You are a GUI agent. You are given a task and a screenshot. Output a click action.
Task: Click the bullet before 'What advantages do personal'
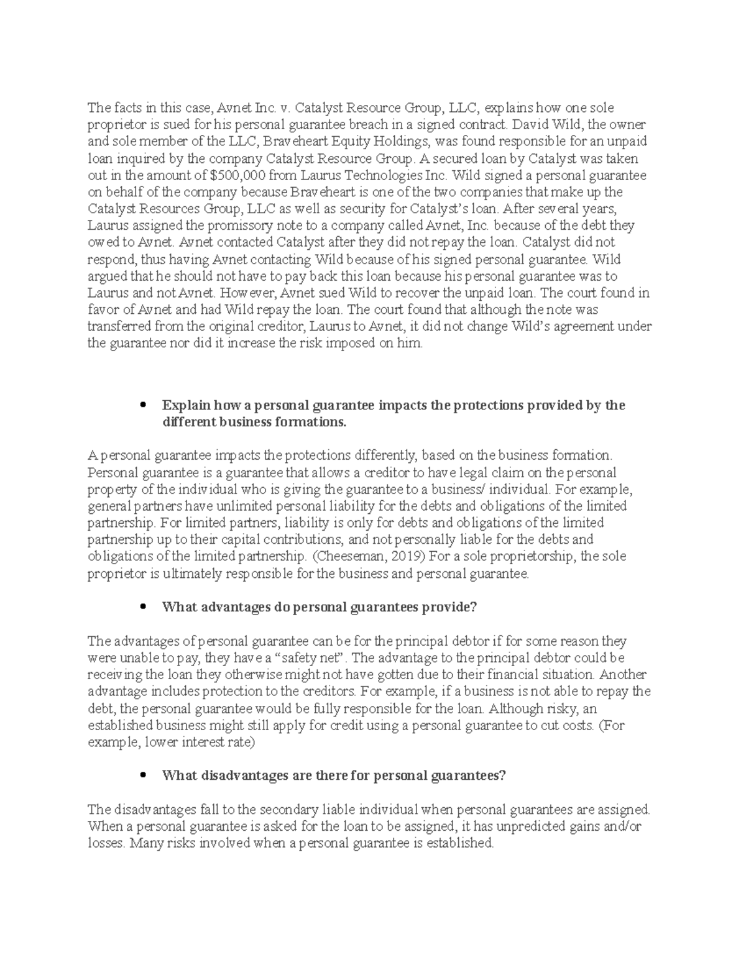(x=144, y=607)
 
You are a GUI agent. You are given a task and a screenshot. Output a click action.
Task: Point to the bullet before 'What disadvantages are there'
(x=144, y=775)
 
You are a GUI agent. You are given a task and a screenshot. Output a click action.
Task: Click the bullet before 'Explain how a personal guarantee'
(x=144, y=405)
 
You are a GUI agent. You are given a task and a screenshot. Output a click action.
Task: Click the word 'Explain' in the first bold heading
(x=185, y=406)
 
